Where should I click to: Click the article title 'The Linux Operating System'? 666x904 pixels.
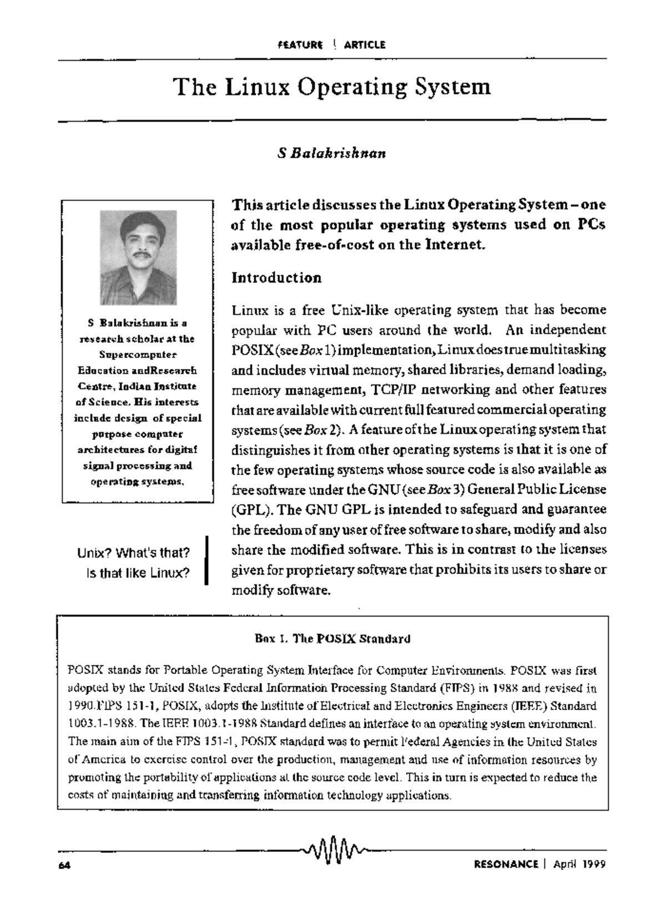point(332,87)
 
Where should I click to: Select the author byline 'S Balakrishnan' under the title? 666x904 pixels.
point(332,153)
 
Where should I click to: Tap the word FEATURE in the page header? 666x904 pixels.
point(300,45)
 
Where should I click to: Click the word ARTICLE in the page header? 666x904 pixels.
point(364,45)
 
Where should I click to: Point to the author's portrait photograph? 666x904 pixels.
point(138,257)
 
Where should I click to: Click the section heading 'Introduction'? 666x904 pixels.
point(276,277)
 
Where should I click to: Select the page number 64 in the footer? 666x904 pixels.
point(63,865)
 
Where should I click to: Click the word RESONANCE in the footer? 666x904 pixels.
point(506,864)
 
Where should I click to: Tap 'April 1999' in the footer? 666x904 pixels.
point(579,864)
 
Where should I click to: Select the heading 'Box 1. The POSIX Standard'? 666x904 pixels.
point(332,638)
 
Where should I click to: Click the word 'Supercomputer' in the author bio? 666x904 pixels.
point(138,354)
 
